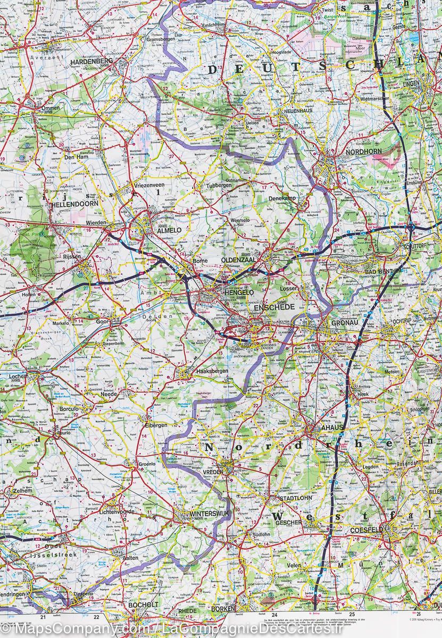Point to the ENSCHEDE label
[274, 308]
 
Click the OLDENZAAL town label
[238, 260]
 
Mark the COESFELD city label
[366, 530]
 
